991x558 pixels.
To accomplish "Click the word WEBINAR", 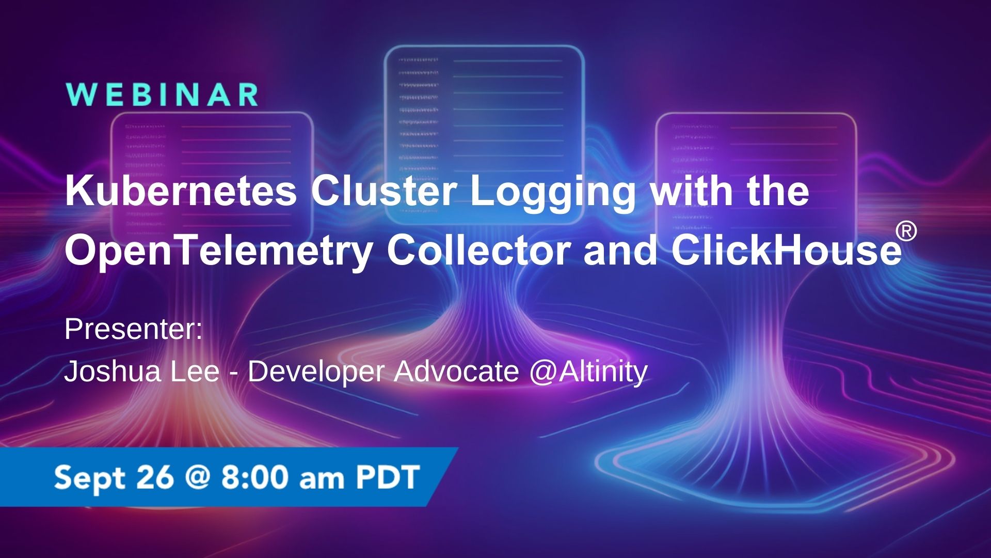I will pos(163,95).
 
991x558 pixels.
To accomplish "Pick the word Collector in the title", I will pos(479,250).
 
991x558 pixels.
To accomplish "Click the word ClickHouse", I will pos(786,250).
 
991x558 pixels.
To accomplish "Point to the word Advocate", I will pos(456,371).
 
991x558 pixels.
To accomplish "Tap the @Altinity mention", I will pos(588,372).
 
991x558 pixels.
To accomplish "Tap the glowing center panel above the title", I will pos(484,103).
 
